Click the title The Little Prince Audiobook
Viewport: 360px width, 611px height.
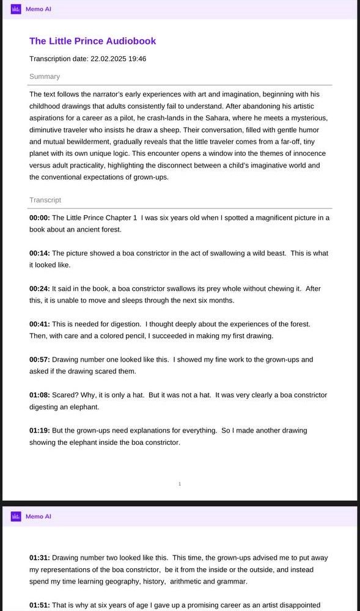click(92, 41)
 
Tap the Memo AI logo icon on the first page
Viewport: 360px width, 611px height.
click(16, 9)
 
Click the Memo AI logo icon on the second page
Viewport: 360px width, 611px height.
click(16, 516)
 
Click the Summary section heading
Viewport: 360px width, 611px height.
click(45, 76)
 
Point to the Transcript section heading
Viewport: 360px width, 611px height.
click(45, 200)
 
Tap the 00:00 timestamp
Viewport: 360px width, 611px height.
click(40, 218)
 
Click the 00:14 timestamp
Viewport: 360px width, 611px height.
click(40, 253)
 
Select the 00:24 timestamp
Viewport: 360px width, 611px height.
click(40, 288)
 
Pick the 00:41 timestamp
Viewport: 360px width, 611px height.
click(40, 324)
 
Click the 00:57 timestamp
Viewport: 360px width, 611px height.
click(40, 359)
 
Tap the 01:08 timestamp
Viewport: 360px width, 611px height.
click(40, 395)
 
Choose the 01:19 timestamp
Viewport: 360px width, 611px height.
click(40, 430)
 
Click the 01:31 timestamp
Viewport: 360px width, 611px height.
click(40, 557)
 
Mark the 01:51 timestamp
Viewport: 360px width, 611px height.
click(40, 605)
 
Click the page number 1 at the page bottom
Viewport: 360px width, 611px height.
click(180, 484)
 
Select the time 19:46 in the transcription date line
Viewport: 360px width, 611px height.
click(137, 59)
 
